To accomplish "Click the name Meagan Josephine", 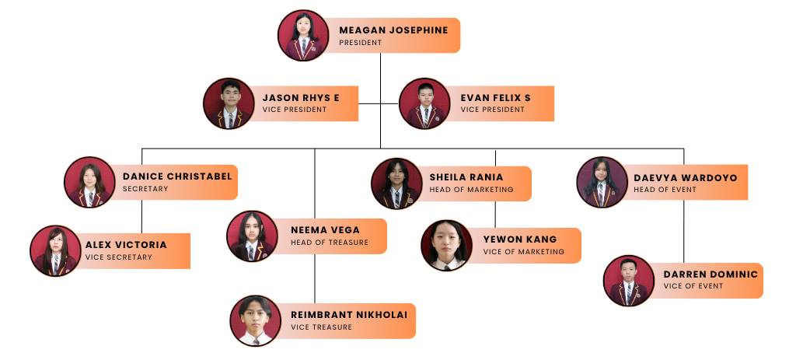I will coord(393,30).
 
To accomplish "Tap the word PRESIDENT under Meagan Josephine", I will coord(360,43).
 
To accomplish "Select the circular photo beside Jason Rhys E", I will coord(229,103).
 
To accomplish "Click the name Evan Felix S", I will coord(495,98).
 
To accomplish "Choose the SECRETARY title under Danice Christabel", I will coord(145,189).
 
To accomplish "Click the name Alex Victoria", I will coord(126,245).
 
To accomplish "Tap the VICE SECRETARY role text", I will coord(119,257).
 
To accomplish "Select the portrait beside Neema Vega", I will coord(252,236).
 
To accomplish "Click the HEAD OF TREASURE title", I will coord(330,243).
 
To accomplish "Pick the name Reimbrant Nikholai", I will coord(349,315).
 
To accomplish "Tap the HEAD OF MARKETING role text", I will coord(471,190).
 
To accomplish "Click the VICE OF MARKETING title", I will coord(523,252).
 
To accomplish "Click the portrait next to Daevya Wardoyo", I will coord(602,182).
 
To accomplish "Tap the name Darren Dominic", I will coord(710,274).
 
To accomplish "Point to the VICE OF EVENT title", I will coord(693,286).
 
